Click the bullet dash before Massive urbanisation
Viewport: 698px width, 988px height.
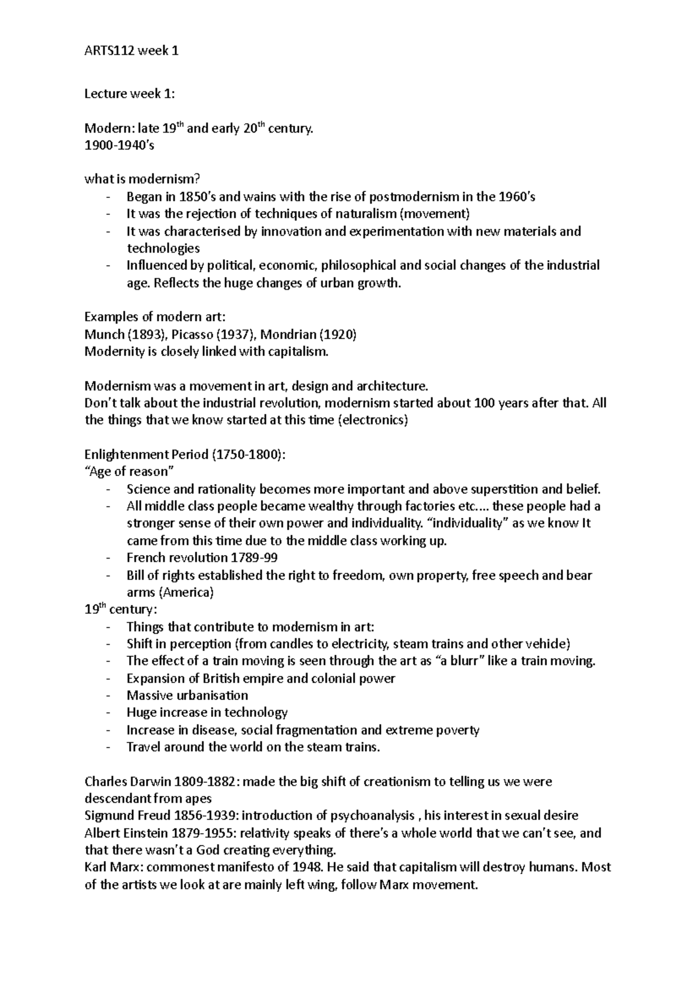[x=109, y=696]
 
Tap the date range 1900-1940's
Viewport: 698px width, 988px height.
[x=119, y=145]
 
